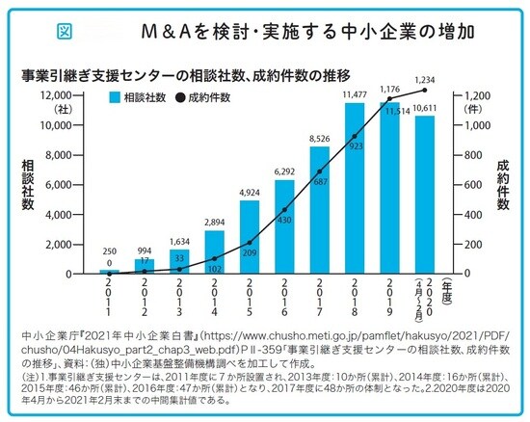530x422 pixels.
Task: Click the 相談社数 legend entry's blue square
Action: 115,97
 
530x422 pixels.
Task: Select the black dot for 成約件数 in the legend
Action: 180,97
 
